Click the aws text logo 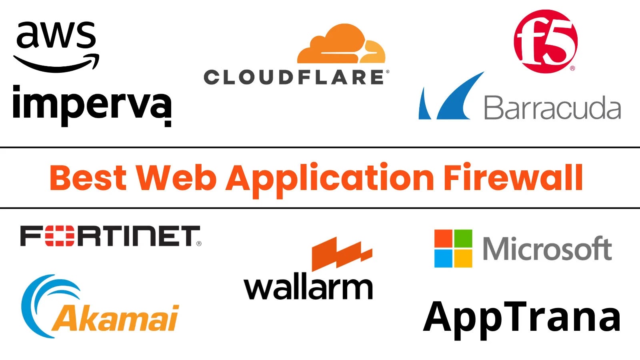[56, 35]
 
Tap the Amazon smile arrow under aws [56, 64]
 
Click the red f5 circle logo [546, 41]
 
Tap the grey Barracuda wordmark [552, 108]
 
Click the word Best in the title [88, 178]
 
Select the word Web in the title [176, 178]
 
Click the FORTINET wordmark [110, 236]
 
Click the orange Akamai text [116, 318]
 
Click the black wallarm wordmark [308, 287]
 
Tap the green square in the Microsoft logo [463, 238]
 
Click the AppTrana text [522, 318]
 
